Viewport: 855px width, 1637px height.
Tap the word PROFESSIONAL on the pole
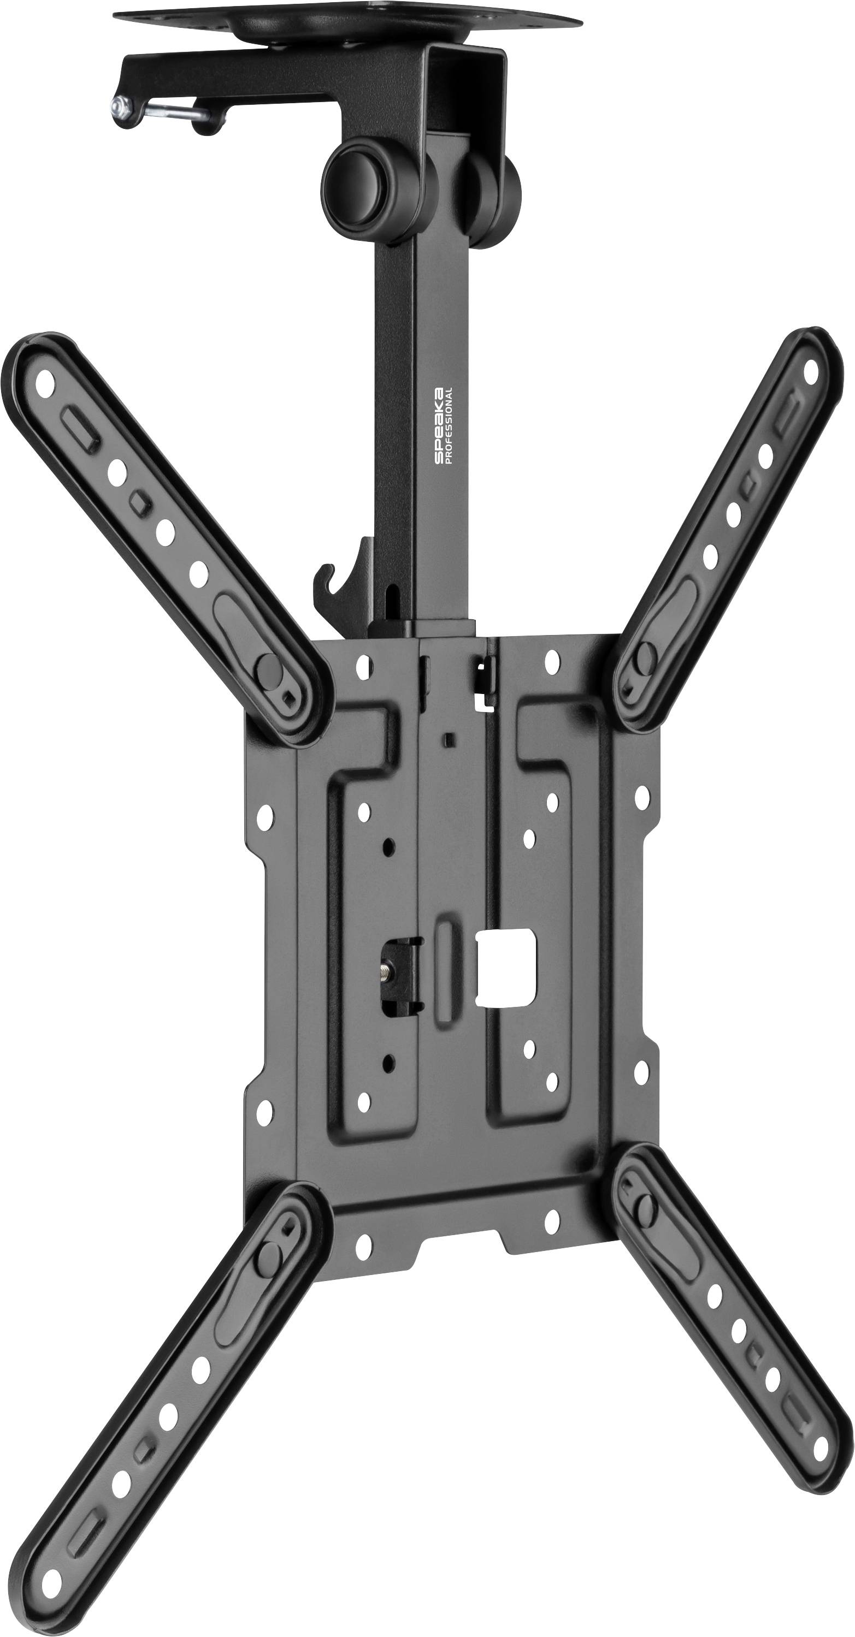click(450, 425)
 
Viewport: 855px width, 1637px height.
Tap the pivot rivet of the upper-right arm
click(645, 653)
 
